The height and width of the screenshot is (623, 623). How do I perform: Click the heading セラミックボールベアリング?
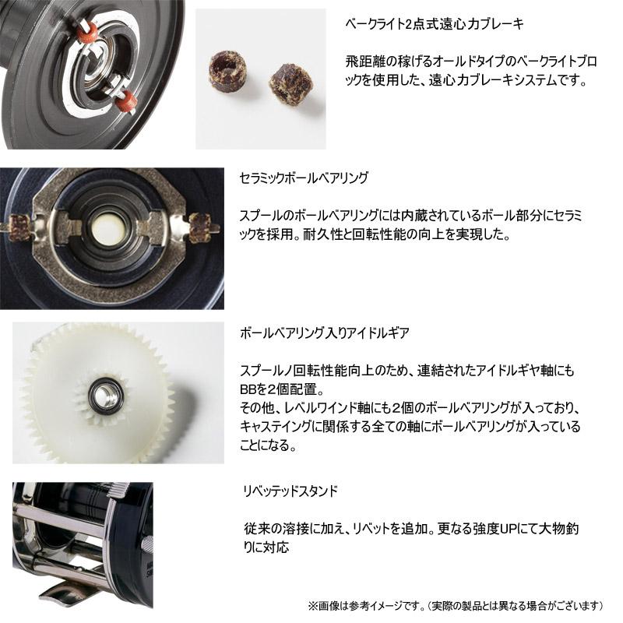(x=304, y=178)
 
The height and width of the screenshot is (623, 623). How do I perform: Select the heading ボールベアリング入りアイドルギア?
(x=326, y=333)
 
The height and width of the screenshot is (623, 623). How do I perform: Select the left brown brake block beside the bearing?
(x=19, y=229)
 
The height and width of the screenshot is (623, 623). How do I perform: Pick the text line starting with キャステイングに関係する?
(x=412, y=427)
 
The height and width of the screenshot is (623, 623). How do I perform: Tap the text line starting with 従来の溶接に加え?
(x=412, y=529)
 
